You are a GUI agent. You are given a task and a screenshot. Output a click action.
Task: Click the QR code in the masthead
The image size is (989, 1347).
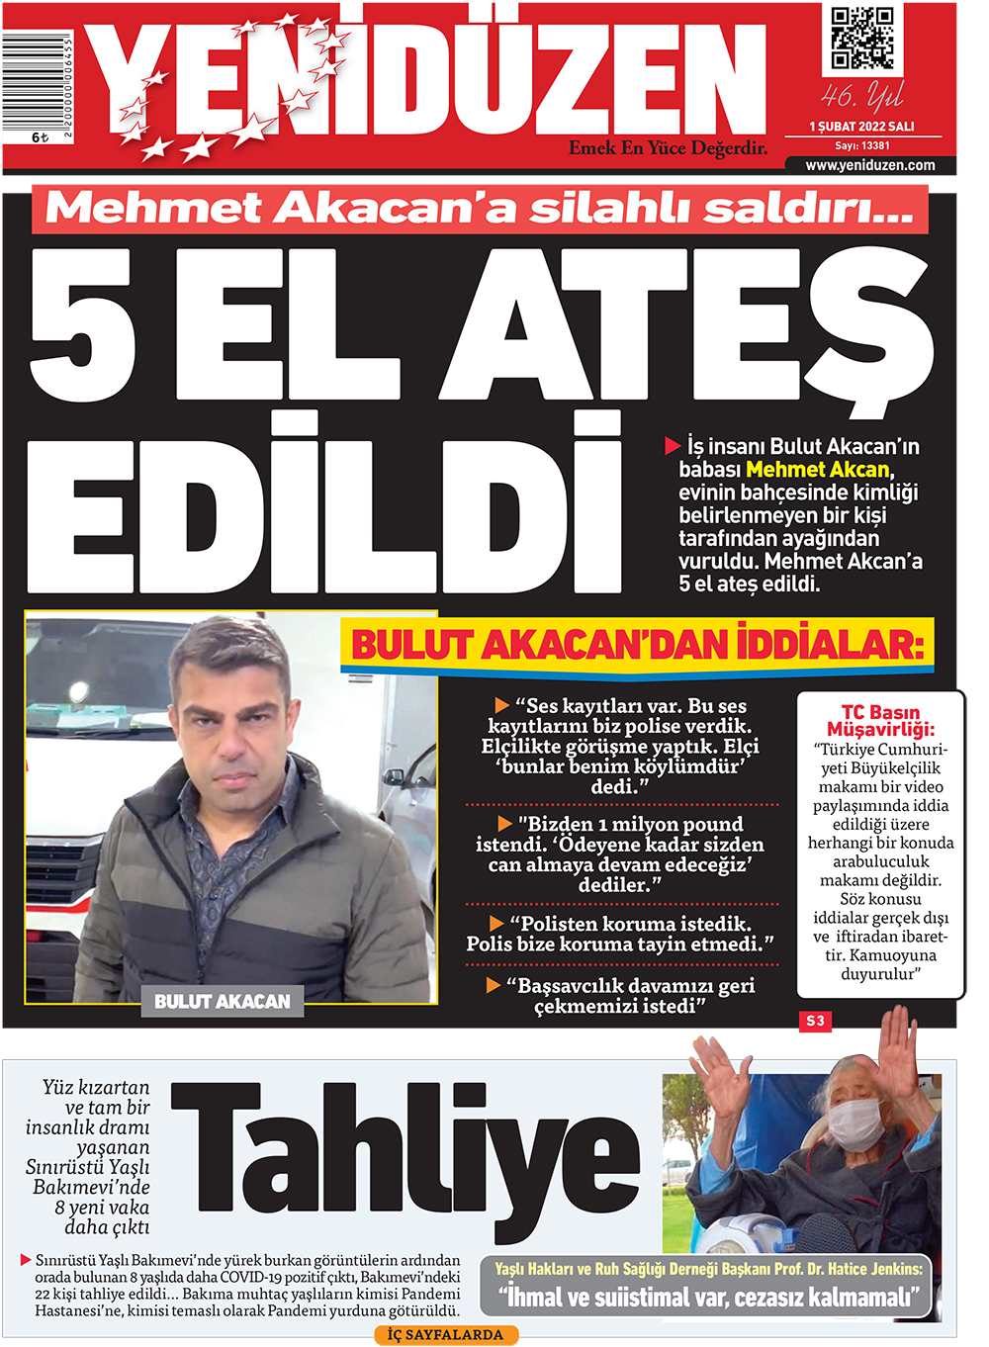[861, 39]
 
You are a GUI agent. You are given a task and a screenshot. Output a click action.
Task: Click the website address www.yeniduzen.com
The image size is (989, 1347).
[869, 165]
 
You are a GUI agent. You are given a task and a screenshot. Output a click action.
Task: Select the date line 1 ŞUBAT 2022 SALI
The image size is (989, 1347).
[861, 127]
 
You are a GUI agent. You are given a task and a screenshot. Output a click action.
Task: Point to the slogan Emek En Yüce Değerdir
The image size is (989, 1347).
[668, 147]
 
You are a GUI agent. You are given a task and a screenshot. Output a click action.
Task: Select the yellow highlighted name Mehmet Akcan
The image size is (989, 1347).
[818, 470]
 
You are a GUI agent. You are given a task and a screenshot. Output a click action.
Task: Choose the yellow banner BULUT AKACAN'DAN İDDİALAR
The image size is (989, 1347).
[637, 646]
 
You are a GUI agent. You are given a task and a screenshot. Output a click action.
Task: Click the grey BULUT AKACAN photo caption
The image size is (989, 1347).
[222, 1001]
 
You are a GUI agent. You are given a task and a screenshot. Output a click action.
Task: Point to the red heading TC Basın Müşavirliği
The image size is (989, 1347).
[880, 720]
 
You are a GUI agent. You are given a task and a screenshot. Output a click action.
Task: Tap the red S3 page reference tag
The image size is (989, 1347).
[815, 1021]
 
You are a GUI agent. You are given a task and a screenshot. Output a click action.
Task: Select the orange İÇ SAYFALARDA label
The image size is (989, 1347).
[445, 1335]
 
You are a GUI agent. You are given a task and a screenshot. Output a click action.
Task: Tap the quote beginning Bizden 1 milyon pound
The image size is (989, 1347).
[620, 854]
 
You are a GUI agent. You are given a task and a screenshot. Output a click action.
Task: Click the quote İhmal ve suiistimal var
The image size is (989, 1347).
[708, 1298]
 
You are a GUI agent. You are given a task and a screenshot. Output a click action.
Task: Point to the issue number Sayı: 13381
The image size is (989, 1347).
[861, 145]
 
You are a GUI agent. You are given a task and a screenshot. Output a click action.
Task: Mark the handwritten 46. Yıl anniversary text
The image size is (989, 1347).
[861, 96]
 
